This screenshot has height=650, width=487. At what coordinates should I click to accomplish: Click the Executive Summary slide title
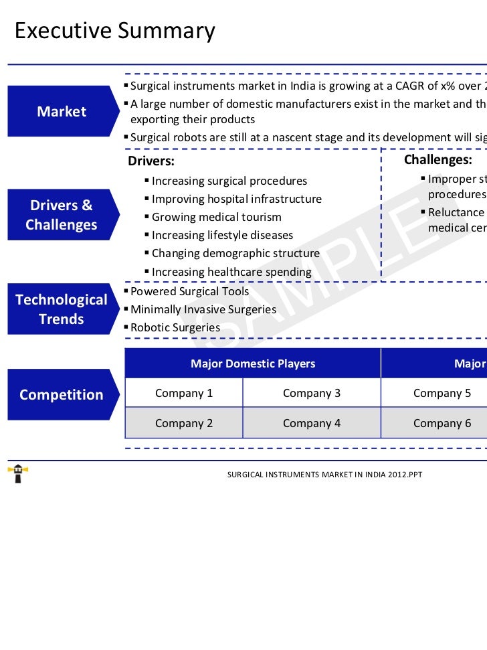(x=115, y=31)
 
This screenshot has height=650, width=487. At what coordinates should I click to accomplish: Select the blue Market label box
(x=61, y=111)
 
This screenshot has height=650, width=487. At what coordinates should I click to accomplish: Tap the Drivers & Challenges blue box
(x=61, y=215)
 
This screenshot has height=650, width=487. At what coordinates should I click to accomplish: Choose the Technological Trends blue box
(x=61, y=309)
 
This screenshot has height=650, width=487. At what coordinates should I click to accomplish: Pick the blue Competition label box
(x=61, y=395)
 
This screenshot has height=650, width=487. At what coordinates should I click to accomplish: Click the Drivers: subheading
(x=151, y=161)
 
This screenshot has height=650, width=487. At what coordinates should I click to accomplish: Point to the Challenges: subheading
(x=437, y=160)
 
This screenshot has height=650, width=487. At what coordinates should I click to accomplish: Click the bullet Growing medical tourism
(x=216, y=217)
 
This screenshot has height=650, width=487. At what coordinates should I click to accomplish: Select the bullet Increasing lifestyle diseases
(x=222, y=235)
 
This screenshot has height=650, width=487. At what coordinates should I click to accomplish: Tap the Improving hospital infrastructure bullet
(x=236, y=199)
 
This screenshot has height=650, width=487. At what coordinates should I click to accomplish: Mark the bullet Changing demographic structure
(x=235, y=254)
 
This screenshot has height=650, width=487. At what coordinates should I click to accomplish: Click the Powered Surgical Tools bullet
(x=189, y=292)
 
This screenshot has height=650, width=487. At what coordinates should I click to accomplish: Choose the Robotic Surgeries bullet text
(x=175, y=328)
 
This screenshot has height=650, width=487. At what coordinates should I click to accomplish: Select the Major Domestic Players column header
(x=253, y=363)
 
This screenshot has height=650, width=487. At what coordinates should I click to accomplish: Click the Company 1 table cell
(x=184, y=393)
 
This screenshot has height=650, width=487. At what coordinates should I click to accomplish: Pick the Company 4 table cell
(x=312, y=423)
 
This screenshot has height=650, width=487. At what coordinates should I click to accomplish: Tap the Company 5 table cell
(x=442, y=393)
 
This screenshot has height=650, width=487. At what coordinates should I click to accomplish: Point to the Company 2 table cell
(x=184, y=423)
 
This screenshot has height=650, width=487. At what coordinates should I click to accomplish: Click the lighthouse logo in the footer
(x=17, y=474)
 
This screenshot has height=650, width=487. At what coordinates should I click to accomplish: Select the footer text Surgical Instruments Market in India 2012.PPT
(x=324, y=475)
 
